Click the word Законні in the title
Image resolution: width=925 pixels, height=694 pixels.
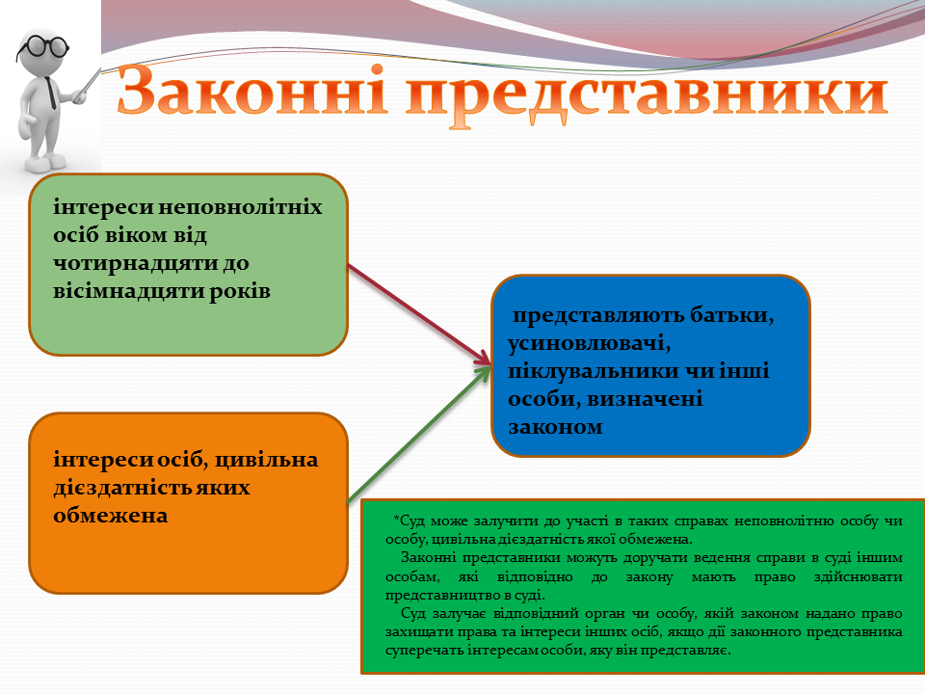click(x=252, y=91)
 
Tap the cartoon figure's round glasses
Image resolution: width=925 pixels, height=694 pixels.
click(x=42, y=46)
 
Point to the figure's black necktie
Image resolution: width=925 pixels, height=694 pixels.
click(x=51, y=93)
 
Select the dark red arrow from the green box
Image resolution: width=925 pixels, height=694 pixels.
click(x=419, y=314)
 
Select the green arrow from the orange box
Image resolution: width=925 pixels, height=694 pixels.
click(x=419, y=435)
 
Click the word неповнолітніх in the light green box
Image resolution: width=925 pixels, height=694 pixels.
click(x=241, y=207)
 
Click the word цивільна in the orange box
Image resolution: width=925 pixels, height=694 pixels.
click(x=266, y=460)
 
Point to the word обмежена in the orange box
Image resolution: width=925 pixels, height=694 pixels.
click(x=110, y=516)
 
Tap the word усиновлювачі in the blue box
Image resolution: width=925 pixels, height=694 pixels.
click(x=590, y=343)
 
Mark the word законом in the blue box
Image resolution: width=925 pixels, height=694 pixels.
click(x=555, y=427)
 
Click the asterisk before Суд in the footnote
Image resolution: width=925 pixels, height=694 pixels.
click(x=396, y=520)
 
